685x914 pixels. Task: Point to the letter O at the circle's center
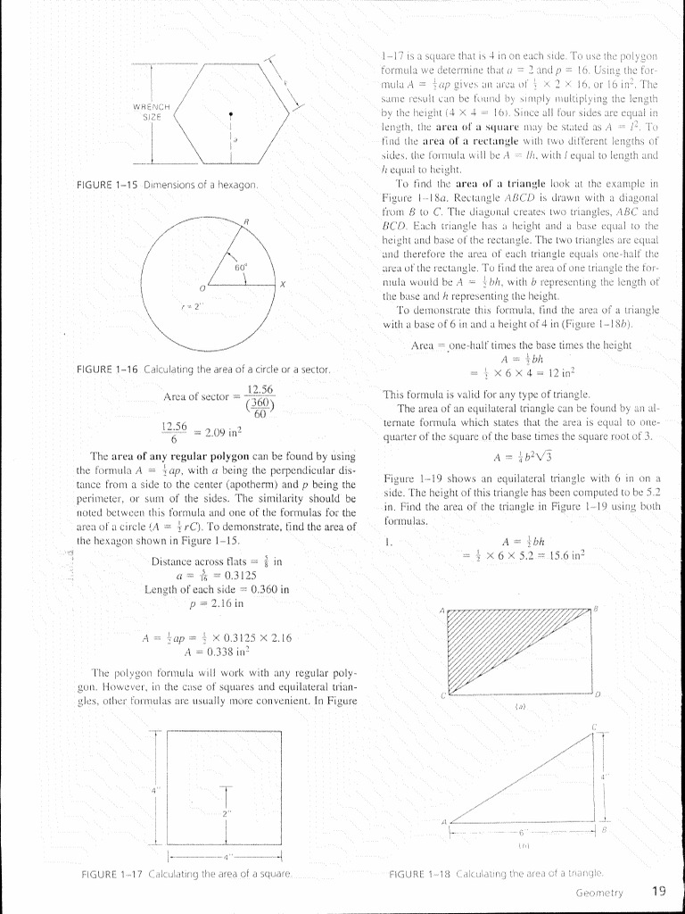[x=202, y=288]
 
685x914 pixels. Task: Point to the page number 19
[x=659, y=890]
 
